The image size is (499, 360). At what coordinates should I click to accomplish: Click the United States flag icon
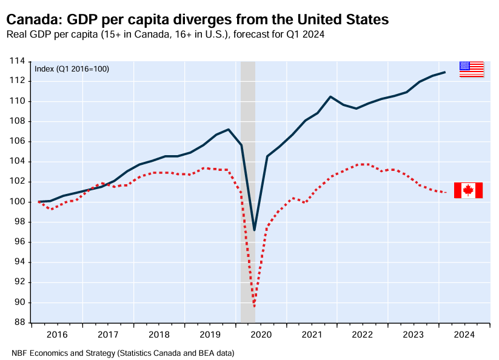[471, 69]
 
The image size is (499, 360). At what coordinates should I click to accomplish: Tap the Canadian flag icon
[468, 190]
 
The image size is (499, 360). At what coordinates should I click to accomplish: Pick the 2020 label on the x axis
[261, 334]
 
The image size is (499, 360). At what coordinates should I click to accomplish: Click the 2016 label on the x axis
[56, 334]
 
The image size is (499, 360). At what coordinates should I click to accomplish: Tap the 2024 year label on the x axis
[464, 334]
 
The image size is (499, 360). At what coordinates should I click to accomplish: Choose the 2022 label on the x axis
[363, 334]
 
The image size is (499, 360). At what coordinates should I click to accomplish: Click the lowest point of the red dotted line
[254, 307]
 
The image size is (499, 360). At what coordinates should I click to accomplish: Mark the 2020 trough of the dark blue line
[254, 230]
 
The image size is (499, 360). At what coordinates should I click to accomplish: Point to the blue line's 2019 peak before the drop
[229, 129]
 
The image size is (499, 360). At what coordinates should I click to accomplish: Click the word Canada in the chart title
[31, 20]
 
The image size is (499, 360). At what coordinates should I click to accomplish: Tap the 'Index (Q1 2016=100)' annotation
[72, 68]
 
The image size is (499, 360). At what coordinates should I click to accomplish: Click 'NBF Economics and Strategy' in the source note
[62, 352]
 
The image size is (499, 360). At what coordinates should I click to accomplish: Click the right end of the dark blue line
[446, 72]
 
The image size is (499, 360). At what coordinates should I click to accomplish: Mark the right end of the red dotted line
[446, 193]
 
